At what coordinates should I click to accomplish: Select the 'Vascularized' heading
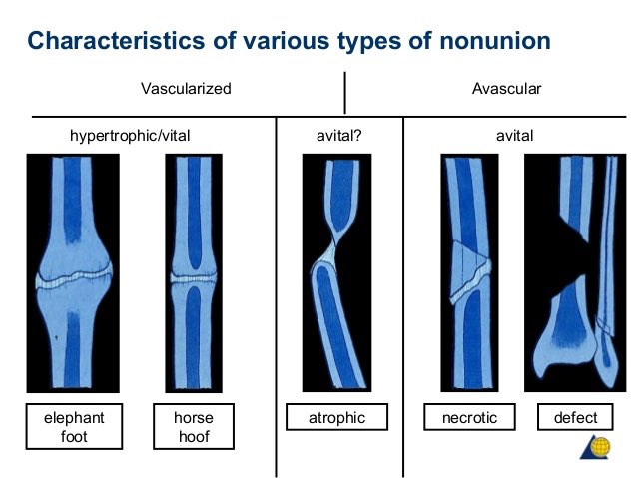[x=186, y=89]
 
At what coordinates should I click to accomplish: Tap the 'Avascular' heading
[x=506, y=89]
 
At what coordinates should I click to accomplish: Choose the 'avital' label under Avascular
[x=514, y=135]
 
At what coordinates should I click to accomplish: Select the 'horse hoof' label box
[x=193, y=424]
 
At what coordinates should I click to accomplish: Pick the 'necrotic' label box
[x=468, y=418]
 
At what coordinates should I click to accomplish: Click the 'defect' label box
[x=575, y=418]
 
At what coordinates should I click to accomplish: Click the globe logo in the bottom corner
[x=596, y=451]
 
